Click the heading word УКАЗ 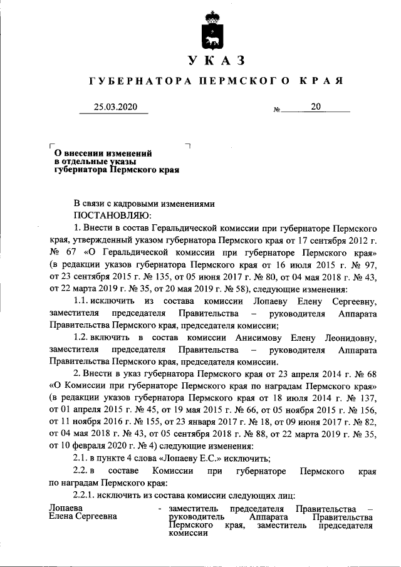point(216,61)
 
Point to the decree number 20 point(315,107)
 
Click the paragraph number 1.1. point(83,301)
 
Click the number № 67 point(59,252)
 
